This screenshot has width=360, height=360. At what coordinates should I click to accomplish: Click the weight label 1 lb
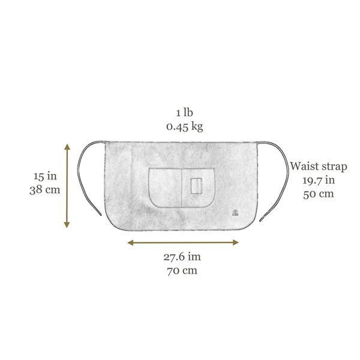tap(185, 113)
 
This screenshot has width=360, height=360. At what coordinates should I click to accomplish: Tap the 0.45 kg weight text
tap(185, 127)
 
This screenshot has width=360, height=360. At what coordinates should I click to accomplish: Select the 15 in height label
tap(45, 176)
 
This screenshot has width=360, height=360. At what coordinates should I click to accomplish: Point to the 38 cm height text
tap(45, 190)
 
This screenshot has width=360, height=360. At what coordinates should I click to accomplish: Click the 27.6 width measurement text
tap(182, 257)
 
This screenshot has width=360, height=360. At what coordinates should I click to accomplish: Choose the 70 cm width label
tap(182, 271)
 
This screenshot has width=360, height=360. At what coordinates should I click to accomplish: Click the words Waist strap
tap(319, 166)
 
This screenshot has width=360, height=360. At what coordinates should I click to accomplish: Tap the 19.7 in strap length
tap(319, 180)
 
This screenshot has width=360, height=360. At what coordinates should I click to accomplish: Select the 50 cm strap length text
tap(319, 194)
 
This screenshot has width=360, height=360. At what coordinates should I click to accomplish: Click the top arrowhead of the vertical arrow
tap(67, 146)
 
